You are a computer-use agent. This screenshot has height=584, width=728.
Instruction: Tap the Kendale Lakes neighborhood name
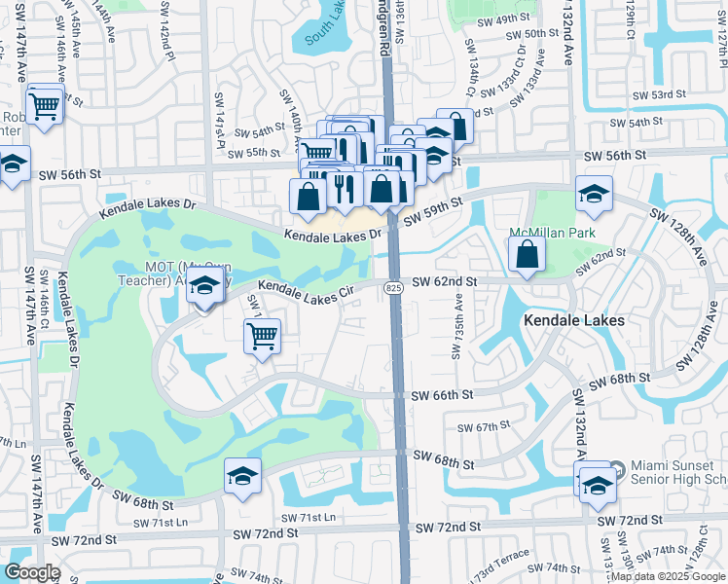[573, 319]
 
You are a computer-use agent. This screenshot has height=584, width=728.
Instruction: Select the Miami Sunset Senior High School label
[679, 472]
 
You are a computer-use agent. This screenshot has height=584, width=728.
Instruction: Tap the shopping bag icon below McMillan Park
[527, 254]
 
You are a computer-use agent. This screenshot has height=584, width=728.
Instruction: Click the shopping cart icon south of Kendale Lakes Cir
[263, 336]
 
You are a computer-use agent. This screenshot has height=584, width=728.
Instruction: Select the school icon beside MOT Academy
[204, 287]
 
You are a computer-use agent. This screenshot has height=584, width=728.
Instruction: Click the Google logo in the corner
[32, 572]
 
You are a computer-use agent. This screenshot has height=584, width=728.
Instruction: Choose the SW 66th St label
[442, 395]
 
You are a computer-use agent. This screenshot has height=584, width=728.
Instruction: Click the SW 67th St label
[485, 426]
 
